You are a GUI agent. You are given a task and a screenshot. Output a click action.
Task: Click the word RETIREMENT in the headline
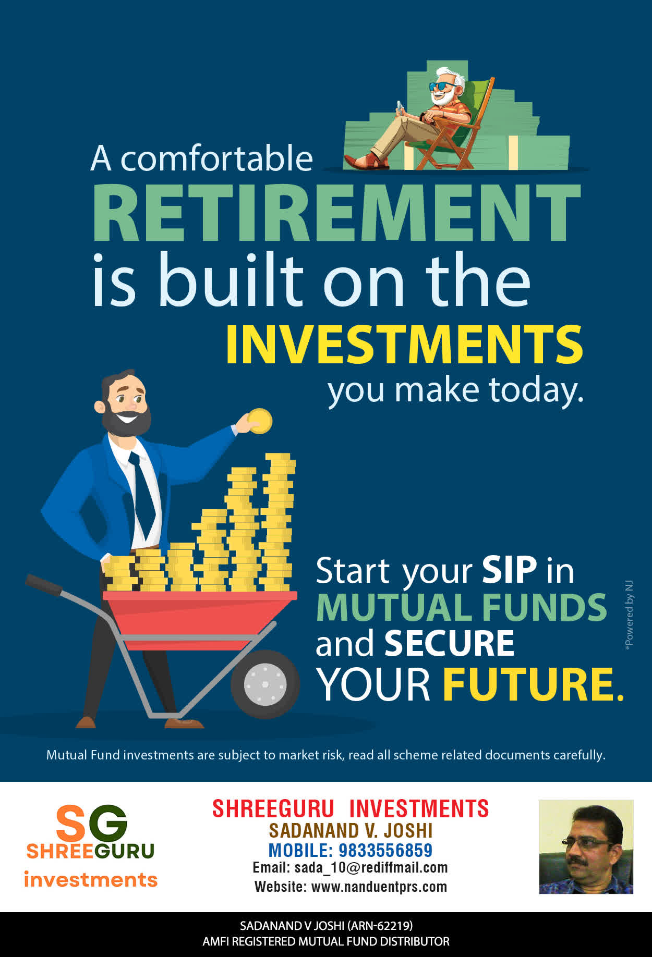336,212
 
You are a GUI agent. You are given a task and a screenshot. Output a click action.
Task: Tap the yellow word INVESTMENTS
404,345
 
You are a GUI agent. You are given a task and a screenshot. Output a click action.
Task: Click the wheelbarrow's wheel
265,684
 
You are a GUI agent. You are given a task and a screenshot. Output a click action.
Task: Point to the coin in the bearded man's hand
260,421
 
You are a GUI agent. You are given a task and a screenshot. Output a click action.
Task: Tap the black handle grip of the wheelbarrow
44,584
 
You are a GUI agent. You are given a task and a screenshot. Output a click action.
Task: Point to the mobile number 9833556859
385,850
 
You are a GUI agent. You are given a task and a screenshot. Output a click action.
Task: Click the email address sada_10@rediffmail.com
371,867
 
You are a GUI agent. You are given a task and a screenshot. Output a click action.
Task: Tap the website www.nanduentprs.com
379,887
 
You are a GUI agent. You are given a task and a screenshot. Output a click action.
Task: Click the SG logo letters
91,823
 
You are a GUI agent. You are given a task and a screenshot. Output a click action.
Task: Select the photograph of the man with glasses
586,846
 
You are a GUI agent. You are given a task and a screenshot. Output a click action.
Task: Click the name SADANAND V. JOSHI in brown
351,830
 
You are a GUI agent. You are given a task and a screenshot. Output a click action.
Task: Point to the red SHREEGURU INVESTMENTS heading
351,808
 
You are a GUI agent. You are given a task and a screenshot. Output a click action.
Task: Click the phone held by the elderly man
400,106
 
